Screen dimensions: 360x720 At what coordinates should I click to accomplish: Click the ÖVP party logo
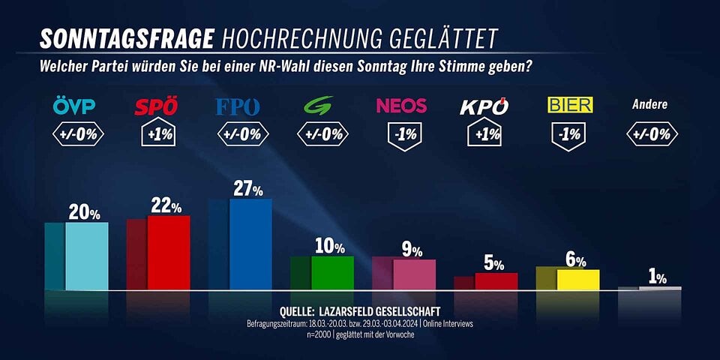75,107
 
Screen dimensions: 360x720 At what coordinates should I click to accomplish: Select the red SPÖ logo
156,107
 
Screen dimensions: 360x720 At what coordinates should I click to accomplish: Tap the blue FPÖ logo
238,107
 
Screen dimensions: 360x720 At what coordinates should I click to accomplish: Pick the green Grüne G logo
320,107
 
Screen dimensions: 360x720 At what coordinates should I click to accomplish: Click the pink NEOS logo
401,106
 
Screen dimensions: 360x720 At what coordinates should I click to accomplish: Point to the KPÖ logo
484,106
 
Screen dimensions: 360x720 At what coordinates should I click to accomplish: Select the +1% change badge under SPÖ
157,136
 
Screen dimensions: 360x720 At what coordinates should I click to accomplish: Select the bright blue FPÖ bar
250,244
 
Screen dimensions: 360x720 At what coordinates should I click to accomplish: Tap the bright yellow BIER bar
577,280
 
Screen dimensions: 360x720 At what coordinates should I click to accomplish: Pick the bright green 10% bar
332,273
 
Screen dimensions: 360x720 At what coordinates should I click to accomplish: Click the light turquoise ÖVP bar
86,256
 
